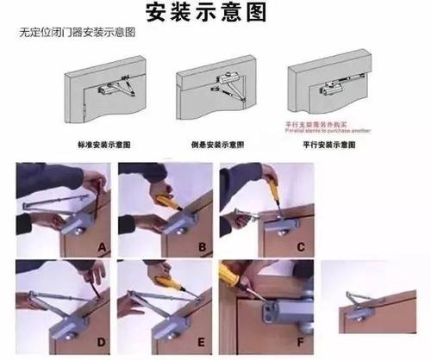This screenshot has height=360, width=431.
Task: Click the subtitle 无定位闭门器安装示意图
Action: [78, 33]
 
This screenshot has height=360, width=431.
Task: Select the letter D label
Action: [102, 342]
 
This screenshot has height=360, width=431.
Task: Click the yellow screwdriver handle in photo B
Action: [166, 200]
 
